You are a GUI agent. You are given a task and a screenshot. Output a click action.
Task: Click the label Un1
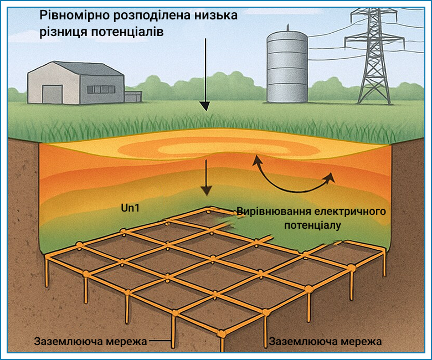click(x=130, y=208)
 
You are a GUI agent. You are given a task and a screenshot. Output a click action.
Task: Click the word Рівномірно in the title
click(x=74, y=16)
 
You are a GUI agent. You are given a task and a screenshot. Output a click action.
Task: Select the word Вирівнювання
click(x=274, y=212)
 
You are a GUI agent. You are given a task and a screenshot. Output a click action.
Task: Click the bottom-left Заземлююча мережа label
click(x=90, y=342)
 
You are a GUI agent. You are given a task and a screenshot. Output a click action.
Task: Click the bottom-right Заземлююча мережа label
click(x=325, y=342)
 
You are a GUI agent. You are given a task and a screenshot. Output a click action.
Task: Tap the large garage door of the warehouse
click(x=53, y=94)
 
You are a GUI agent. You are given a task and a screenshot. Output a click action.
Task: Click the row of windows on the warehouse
click(x=101, y=89)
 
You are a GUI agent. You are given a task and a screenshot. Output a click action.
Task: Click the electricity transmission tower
click(x=374, y=55)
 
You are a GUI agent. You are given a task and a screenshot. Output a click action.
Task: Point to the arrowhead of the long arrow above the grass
click(x=205, y=106)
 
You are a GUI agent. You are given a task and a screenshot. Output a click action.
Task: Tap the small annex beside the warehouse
click(x=133, y=96)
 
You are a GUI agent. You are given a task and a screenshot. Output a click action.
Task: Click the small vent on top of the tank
click(x=288, y=27)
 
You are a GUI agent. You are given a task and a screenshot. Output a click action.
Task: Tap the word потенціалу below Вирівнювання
click(x=313, y=225)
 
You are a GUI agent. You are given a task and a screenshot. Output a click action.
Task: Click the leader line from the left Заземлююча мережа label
click(x=161, y=341)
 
